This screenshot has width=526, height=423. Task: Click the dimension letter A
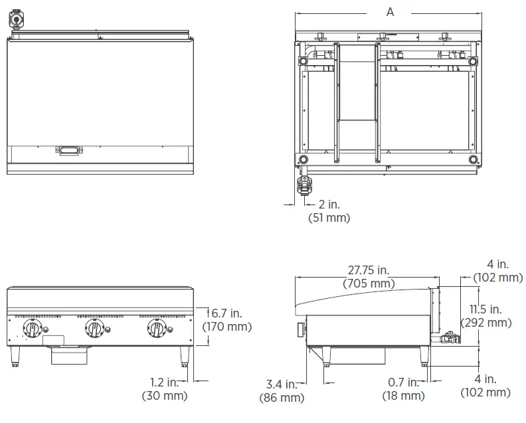point(390,12)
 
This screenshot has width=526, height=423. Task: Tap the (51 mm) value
point(329,218)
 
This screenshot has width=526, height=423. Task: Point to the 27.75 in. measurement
point(369,270)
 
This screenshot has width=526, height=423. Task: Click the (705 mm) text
point(369,284)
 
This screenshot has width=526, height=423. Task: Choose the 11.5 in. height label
point(485,309)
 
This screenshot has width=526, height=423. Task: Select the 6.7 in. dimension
point(227,313)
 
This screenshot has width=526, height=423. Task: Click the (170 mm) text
point(227,326)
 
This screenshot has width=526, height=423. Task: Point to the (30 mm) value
point(165,396)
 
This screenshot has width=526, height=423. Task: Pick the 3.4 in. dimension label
point(282,384)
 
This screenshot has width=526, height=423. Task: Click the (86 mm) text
point(282,398)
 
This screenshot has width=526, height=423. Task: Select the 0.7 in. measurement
point(403,382)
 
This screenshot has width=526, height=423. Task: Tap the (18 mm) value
point(403,396)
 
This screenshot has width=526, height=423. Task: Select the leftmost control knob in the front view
point(33,328)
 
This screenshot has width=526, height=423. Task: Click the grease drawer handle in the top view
point(69,151)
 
